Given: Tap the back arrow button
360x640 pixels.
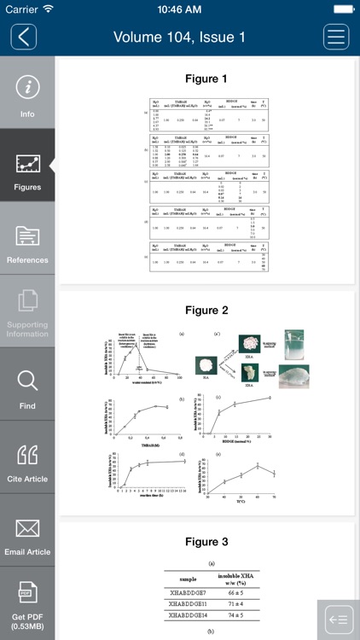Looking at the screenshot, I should tap(24, 37).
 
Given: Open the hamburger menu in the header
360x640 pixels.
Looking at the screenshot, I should tap(336, 37).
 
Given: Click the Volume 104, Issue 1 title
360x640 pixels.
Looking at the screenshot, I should tap(179, 38).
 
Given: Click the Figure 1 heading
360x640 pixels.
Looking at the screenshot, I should tap(206, 79).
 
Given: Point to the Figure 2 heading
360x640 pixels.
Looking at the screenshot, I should tap(206, 311).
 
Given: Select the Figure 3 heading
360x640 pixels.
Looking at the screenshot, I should tap(206, 542).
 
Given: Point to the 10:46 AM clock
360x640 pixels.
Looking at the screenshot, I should tap(179, 9).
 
